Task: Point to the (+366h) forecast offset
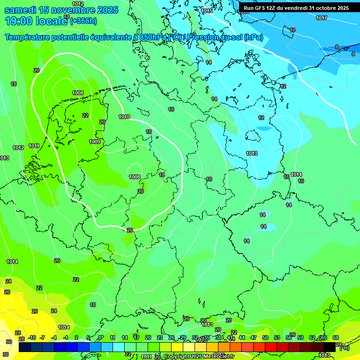[83, 21]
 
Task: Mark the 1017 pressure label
[322, 18]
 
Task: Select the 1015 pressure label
[207, 11]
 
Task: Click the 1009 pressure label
[95, 142]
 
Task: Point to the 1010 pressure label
[124, 117]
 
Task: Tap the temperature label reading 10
[292, 30]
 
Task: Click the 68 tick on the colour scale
[336, 338]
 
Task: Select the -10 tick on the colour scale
[32, 338]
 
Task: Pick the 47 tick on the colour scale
[254, 338]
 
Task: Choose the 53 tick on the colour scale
[277, 338]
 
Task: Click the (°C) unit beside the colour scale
[344, 348]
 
